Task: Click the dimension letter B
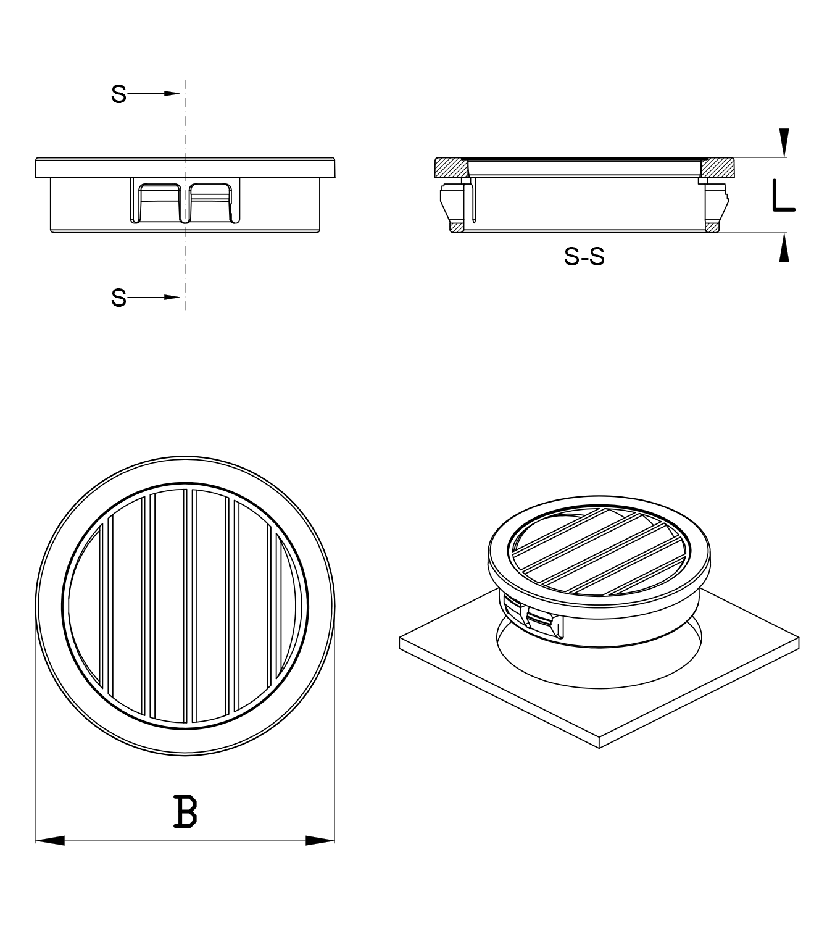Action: point(186,812)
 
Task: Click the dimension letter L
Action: point(784,196)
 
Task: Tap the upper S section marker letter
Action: point(118,94)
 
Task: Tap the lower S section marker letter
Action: point(118,298)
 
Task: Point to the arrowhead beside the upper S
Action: point(172,94)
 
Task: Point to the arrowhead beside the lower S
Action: point(172,298)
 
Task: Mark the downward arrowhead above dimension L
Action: point(784,143)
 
